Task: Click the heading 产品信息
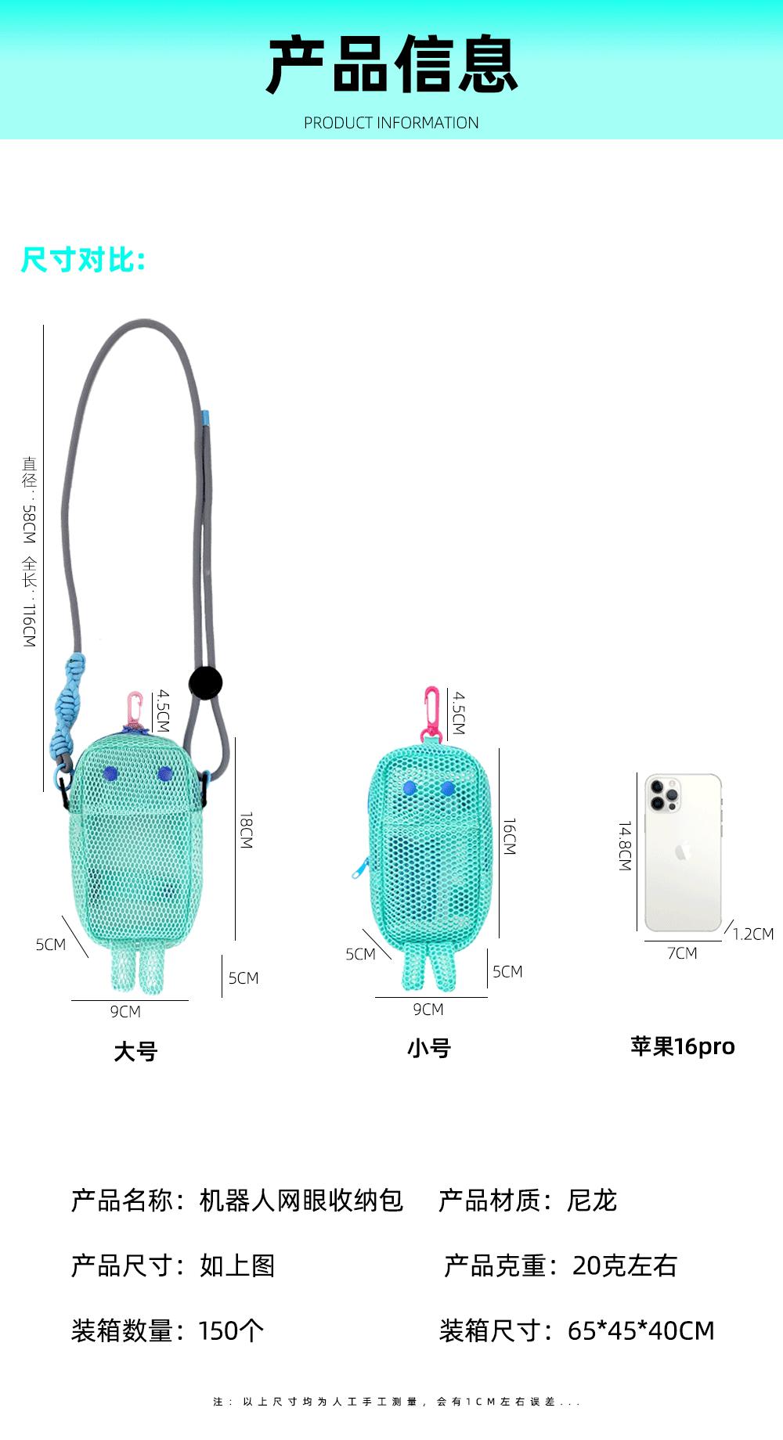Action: coord(391,65)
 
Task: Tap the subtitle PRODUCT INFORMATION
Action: coord(391,123)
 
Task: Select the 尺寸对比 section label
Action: coord(83,259)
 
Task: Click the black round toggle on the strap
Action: coord(206,682)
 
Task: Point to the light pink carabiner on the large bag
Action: coord(135,708)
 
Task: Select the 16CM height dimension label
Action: coord(509,837)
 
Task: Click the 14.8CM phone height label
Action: coord(625,846)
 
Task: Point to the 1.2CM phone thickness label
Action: coord(753,934)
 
